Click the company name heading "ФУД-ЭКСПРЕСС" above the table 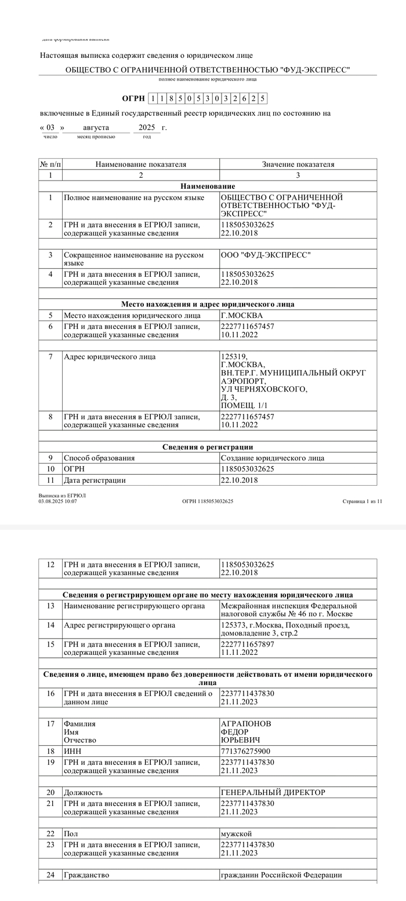click(208, 70)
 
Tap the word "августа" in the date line click(96, 127)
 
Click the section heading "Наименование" click(208, 186)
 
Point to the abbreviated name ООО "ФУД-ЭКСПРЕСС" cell click(266, 255)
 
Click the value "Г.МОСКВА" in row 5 click(241, 316)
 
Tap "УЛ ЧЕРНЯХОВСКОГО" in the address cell click(264, 390)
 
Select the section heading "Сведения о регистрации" click(208, 447)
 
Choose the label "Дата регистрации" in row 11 click(95, 480)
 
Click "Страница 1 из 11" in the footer click(362, 501)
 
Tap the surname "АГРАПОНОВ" click(246, 724)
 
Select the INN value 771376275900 click(245, 751)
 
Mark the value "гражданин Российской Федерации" click(281, 874)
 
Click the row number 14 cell click(50, 625)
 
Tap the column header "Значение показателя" click(298, 164)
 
